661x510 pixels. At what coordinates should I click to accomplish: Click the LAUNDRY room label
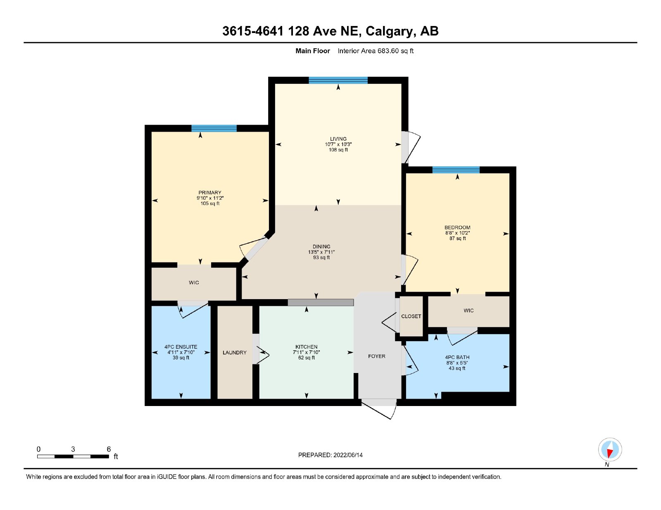[235, 352]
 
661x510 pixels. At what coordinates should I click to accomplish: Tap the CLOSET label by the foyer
[411, 316]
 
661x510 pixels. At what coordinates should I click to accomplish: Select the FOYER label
[377, 356]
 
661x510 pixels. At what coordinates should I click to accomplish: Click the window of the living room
[338, 80]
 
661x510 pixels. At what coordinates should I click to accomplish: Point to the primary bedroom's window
[214, 128]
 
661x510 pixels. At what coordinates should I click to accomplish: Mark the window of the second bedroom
[456, 170]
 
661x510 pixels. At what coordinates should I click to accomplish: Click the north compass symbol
[610, 450]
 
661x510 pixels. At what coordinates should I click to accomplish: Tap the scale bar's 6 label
[109, 449]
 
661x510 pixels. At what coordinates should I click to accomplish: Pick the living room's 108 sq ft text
[338, 150]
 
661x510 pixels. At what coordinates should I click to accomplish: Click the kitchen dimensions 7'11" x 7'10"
[306, 352]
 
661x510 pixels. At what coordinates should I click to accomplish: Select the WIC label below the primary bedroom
[194, 283]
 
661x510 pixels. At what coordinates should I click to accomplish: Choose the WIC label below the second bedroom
[468, 310]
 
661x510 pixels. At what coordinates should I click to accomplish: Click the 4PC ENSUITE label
[181, 347]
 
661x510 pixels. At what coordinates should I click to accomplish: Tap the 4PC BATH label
[457, 357]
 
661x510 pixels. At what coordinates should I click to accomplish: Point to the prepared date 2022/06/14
[348, 455]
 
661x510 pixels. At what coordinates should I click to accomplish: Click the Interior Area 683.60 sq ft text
[376, 51]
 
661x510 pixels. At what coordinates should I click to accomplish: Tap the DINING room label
[321, 246]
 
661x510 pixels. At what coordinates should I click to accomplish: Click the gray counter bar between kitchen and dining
[321, 302]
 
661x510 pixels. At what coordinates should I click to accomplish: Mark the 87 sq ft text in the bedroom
[457, 238]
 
